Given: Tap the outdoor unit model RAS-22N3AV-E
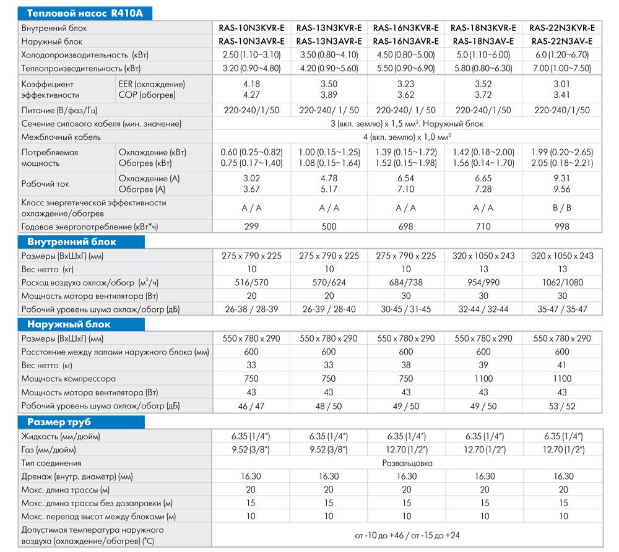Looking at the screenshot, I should point(562,41).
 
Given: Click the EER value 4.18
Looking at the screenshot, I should point(251,84).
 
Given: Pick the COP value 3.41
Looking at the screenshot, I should point(562,95).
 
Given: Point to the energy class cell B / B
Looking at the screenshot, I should point(562,208).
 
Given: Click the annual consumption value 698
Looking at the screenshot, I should point(407,227).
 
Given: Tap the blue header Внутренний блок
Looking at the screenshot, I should point(72,242).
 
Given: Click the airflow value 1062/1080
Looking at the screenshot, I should point(562,283).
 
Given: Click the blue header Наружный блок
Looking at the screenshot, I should point(67,324).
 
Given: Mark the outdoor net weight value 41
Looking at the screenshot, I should point(562,365).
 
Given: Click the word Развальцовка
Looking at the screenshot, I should point(407,463).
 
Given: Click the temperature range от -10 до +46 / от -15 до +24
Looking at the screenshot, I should point(407,535).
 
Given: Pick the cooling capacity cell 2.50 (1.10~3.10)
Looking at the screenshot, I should point(251,55).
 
